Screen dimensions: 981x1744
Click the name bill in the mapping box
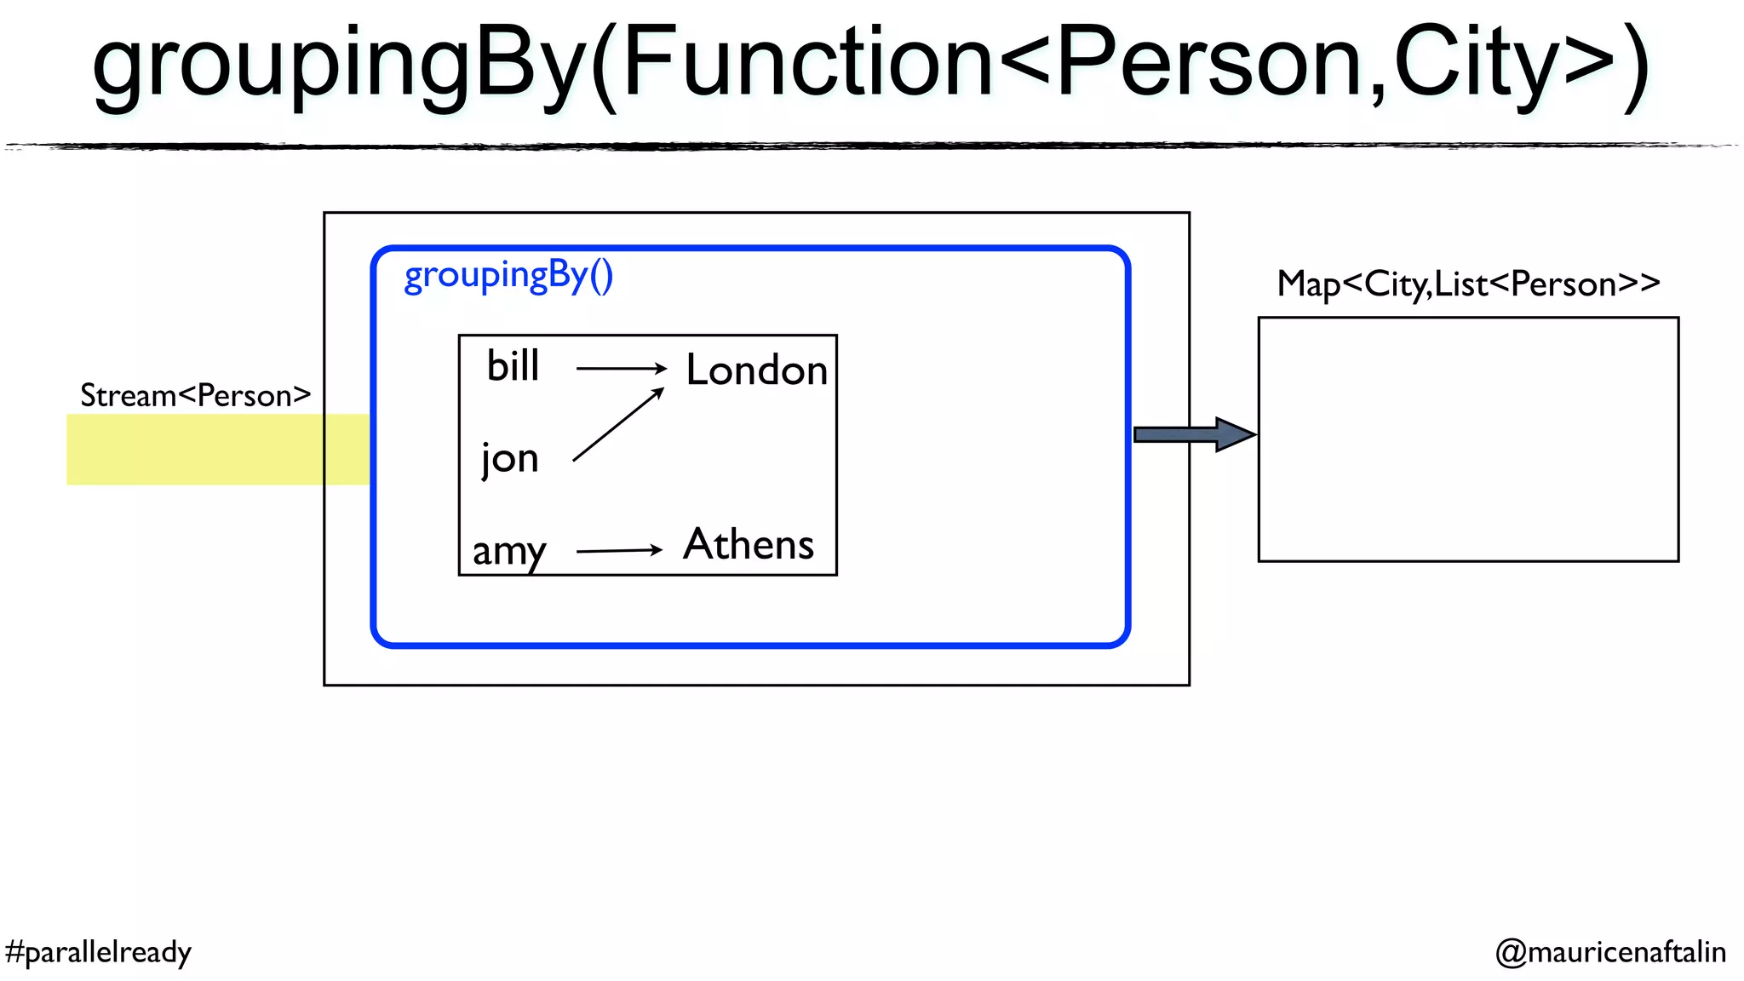pyautogui.click(x=513, y=366)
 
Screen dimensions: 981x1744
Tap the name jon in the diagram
pyautogui.click(x=509, y=459)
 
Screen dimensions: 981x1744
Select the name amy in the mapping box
pyautogui.click(x=508, y=551)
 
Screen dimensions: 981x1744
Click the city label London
pyautogui.click(x=756, y=370)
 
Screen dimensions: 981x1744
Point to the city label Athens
pyautogui.click(x=749, y=544)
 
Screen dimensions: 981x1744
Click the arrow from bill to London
pyautogui.click(x=621, y=368)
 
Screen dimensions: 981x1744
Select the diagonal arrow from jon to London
pyautogui.click(x=617, y=425)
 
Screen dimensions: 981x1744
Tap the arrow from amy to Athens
pyautogui.click(x=619, y=550)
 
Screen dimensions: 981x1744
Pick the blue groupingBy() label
pyautogui.click(x=508, y=276)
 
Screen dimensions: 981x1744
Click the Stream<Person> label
pyautogui.click(x=195, y=395)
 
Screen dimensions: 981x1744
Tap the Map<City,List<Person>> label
pyautogui.click(x=1468, y=284)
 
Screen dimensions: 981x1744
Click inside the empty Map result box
pyautogui.click(x=1468, y=439)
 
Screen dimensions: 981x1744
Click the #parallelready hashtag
pyautogui.click(x=98, y=951)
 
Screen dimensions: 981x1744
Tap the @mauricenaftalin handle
pyautogui.click(x=1610, y=951)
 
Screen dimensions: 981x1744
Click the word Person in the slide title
pyautogui.click(x=1209, y=62)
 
